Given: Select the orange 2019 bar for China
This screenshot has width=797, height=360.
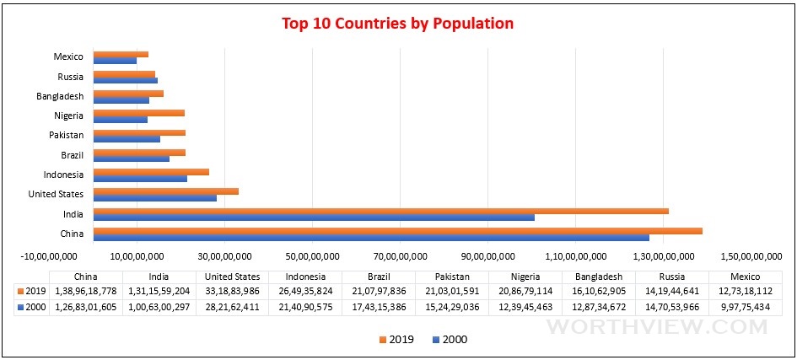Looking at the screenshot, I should click(396, 231).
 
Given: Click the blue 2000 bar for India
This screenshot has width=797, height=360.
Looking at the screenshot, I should click(313, 217).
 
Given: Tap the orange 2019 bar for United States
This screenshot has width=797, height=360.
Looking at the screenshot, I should click(165, 191).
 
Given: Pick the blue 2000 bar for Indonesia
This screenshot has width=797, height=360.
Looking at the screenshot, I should click(140, 178).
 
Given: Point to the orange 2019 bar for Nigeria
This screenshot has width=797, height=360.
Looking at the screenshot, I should click(138, 112).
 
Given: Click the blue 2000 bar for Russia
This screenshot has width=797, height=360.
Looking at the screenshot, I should click(125, 80).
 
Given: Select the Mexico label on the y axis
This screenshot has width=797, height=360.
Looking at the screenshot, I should click(68, 56).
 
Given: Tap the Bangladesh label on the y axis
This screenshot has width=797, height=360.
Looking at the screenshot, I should click(60, 96).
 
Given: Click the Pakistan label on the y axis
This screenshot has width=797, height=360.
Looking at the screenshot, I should click(66, 135).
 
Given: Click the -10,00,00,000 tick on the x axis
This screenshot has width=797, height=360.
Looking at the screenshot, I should click(49, 256).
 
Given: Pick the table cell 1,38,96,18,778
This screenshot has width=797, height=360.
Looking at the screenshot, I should click(86, 291).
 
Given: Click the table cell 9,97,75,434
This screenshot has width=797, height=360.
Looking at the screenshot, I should click(745, 306).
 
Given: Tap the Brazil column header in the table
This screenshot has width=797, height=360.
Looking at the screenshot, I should click(378, 277).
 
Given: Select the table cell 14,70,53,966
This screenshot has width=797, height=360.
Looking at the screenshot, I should click(671, 306).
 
